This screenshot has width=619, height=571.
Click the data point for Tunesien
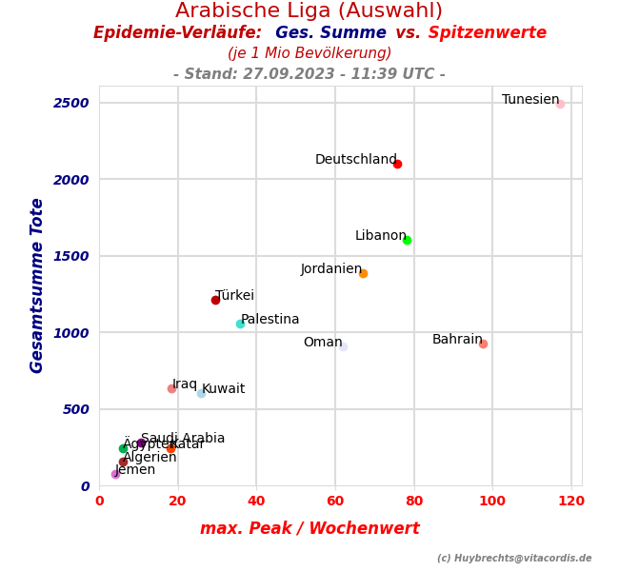point(560,104)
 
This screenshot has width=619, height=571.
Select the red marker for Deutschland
point(397,164)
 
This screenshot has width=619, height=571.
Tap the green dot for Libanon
point(407,240)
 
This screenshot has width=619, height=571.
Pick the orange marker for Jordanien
point(363,273)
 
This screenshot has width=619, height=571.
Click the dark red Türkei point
point(215,300)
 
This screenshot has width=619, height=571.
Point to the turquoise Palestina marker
point(240,324)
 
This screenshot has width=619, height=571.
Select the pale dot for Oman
point(343,346)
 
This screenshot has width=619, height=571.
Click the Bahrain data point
point(483,344)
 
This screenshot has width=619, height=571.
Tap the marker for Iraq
point(171,388)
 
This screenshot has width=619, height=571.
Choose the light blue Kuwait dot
point(201,392)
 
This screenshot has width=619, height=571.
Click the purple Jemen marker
point(115,474)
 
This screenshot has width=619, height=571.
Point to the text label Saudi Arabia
point(183,439)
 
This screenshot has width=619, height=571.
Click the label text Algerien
point(150,458)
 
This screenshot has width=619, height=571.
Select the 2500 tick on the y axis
point(71,103)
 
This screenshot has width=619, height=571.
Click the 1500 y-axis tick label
point(71,256)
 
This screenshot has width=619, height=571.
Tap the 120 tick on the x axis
point(571,502)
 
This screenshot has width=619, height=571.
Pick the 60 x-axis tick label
point(335,502)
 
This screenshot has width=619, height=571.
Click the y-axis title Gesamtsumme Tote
point(37,285)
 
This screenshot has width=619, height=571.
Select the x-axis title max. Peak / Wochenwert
point(309,529)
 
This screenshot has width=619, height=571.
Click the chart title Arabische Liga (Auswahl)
point(309,11)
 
